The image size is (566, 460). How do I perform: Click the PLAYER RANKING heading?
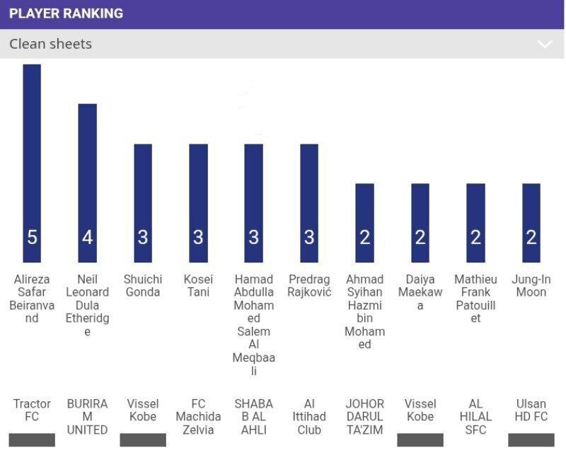(66, 13)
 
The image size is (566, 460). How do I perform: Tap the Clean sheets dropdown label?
(50, 44)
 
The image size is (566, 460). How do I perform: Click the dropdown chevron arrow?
(544, 44)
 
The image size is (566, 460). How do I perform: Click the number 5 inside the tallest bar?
(32, 237)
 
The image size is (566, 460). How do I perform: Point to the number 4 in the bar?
(87, 237)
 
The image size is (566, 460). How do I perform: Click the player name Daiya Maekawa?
(420, 292)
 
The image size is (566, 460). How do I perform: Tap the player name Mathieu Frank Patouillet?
(475, 299)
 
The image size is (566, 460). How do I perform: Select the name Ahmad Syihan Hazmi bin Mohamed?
(364, 311)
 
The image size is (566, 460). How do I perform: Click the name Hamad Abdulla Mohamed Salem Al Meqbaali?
(254, 325)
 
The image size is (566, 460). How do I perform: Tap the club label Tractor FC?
(32, 410)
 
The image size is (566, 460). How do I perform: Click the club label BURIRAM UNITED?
(87, 416)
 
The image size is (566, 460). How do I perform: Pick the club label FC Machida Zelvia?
(198, 416)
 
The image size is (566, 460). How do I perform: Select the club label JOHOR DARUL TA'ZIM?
(364, 416)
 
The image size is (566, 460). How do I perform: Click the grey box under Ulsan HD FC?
(531, 439)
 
